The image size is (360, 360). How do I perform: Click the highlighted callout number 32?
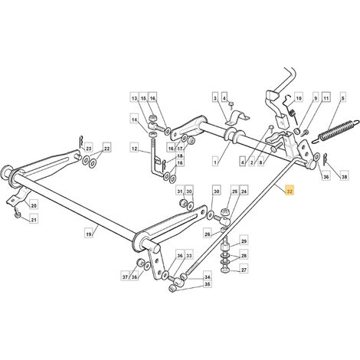290,191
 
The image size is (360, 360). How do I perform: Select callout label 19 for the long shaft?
88,234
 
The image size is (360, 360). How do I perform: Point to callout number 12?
135,148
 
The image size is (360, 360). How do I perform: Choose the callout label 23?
88,149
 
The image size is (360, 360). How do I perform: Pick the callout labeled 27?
244,270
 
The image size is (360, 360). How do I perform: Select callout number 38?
344,176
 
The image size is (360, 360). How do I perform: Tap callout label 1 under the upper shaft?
215,162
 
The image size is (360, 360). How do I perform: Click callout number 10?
298,98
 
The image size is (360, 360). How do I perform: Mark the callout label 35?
208,284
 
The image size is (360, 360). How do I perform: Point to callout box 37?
125,277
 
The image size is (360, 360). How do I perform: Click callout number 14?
134,119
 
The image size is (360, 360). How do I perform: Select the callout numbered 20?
34,205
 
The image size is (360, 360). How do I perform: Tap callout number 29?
244,241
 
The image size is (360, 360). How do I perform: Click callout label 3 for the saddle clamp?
215,98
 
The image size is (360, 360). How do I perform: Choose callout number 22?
107,149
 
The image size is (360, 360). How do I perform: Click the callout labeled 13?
134,98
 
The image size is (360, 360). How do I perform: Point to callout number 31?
180,191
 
